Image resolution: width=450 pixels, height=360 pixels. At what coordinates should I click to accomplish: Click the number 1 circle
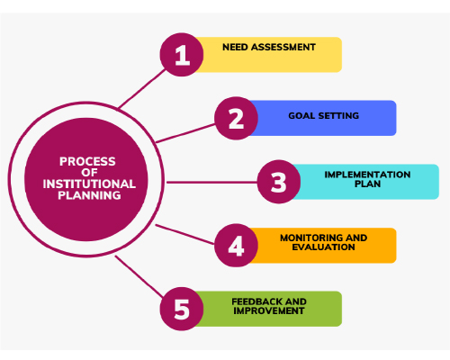point(182,55)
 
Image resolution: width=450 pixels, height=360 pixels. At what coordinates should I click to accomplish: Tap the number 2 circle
point(236,118)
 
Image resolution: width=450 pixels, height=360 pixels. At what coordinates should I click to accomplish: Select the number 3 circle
point(279,182)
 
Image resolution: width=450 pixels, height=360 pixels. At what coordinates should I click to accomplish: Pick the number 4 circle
point(236,246)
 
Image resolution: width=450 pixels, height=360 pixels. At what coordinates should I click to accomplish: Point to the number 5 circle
point(182,309)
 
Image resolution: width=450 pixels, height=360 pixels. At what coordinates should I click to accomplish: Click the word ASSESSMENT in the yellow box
point(283,47)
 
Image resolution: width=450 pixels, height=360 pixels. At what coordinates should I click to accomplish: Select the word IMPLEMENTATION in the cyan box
point(367,175)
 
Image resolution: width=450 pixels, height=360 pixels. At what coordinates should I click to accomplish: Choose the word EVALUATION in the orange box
point(323,247)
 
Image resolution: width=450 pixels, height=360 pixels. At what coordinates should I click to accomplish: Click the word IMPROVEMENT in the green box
point(269,310)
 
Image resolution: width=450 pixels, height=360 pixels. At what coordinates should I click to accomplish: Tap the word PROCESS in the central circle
point(87,161)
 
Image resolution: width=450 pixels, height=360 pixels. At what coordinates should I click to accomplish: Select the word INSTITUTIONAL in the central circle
point(89,184)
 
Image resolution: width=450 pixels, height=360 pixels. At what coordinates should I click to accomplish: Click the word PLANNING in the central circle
point(89,195)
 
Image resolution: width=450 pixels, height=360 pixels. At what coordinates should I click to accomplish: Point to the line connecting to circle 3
point(211,182)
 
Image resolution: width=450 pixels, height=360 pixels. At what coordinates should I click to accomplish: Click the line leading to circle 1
point(142,88)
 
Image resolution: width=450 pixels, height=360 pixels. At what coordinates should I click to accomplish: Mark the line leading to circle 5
point(139,276)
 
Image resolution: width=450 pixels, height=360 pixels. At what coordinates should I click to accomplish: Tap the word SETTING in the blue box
point(338,116)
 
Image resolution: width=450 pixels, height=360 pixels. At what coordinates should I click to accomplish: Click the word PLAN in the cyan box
point(367,184)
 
